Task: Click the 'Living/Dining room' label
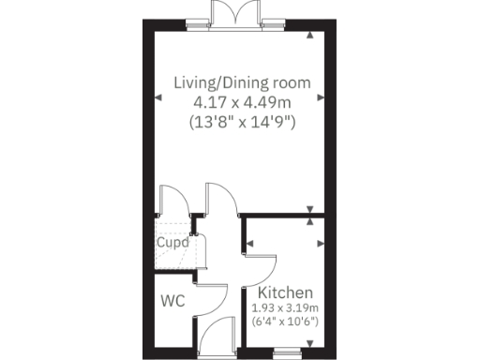[x=242, y=82]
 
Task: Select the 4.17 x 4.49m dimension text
[x=242, y=101]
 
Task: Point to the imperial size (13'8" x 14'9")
[x=242, y=121]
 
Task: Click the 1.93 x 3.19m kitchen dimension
[x=286, y=307]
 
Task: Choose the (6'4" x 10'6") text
[x=286, y=322]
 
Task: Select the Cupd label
[x=172, y=242]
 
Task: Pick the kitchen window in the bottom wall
[x=286, y=353]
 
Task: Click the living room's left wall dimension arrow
[x=155, y=97]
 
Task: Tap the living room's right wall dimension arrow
[x=322, y=97]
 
